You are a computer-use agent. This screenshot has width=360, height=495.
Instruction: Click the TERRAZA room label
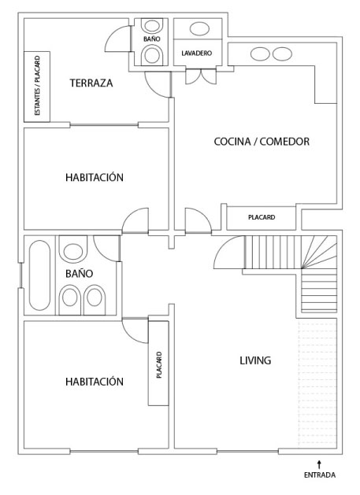91,83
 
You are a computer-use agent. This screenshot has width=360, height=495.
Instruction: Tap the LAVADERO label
197,53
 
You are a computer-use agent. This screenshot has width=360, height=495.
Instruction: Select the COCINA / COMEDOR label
262,142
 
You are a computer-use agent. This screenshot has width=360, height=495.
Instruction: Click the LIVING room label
255,360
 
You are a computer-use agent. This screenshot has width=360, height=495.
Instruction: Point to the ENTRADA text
320,475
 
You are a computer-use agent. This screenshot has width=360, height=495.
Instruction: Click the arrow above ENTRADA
319,464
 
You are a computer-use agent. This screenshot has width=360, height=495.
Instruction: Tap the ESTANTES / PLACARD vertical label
37,86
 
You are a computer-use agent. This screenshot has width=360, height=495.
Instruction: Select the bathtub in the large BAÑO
39,275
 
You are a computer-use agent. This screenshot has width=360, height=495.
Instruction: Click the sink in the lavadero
199,29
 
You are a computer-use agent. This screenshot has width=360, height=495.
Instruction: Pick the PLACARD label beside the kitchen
262,217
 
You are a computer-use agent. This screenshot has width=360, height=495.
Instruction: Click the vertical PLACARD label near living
159,365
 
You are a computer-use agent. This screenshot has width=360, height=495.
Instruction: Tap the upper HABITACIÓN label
95,177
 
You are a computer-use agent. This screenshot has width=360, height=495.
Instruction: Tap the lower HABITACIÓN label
95,382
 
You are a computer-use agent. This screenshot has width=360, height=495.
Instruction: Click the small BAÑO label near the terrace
152,39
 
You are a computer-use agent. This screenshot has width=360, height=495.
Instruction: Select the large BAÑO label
79,273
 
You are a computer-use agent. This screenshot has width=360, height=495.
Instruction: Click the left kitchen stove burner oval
260,54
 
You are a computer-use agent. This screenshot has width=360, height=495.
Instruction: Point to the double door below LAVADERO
201,76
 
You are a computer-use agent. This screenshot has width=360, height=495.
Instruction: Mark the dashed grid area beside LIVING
317,383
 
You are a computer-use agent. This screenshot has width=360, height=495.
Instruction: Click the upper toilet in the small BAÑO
152,26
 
